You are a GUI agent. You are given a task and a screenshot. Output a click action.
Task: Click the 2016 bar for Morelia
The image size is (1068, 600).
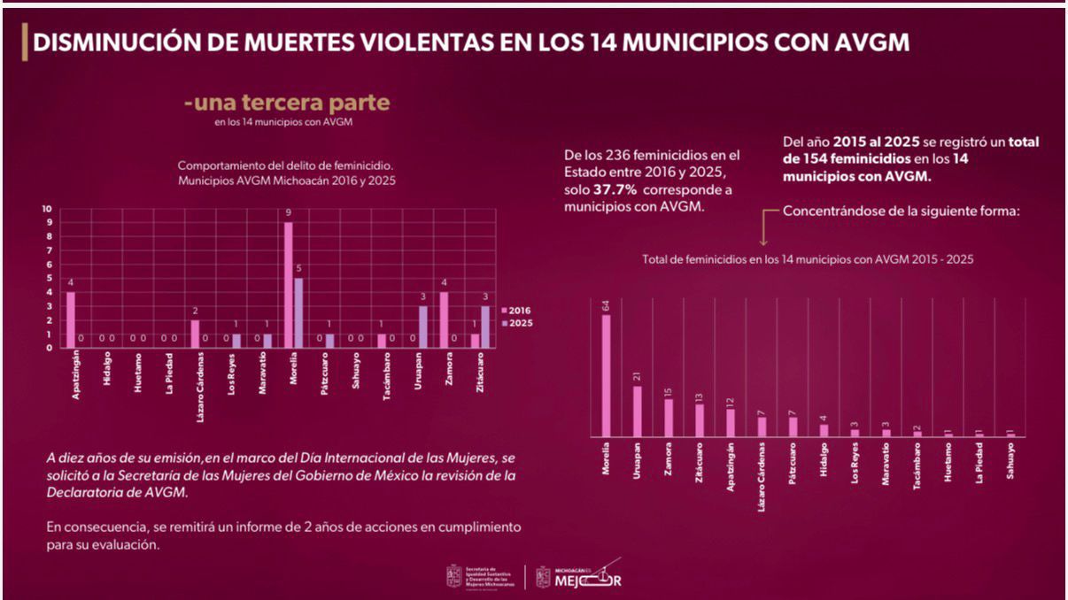288,284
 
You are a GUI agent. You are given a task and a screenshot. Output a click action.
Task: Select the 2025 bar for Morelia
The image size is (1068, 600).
298,312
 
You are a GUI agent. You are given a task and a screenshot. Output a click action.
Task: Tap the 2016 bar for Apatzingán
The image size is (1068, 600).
71,319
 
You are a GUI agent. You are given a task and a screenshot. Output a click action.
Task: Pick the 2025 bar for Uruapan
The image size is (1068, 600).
423,327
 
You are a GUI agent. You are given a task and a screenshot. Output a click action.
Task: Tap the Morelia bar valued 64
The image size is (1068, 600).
607,375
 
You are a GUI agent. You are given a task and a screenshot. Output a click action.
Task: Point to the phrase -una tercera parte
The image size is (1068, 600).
287,104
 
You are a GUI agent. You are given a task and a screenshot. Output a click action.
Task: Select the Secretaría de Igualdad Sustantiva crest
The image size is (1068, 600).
453,577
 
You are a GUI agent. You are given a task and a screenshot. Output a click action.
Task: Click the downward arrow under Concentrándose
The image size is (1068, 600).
762,231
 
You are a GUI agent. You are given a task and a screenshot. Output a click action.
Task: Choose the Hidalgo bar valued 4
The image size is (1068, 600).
824,429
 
